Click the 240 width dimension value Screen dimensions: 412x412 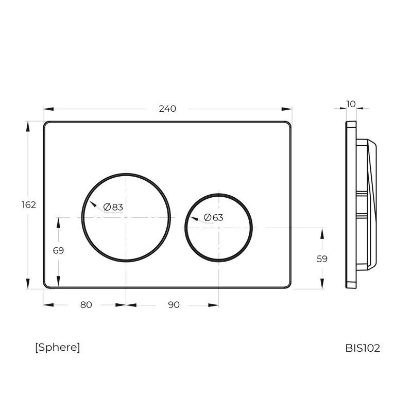click(167, 109)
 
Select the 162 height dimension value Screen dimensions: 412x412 click(29, 204)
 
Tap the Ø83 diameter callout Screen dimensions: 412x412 click(113, 207)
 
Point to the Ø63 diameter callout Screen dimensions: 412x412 click(213, 217)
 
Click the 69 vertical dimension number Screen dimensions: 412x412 click(58, 250)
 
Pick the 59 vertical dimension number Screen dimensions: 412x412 click(322, 259)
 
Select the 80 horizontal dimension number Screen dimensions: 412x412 click(86, 305)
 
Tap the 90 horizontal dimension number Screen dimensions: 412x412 click(174, 305)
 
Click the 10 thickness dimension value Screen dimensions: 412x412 click(351, 104)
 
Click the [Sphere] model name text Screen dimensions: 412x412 click(58, 347)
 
